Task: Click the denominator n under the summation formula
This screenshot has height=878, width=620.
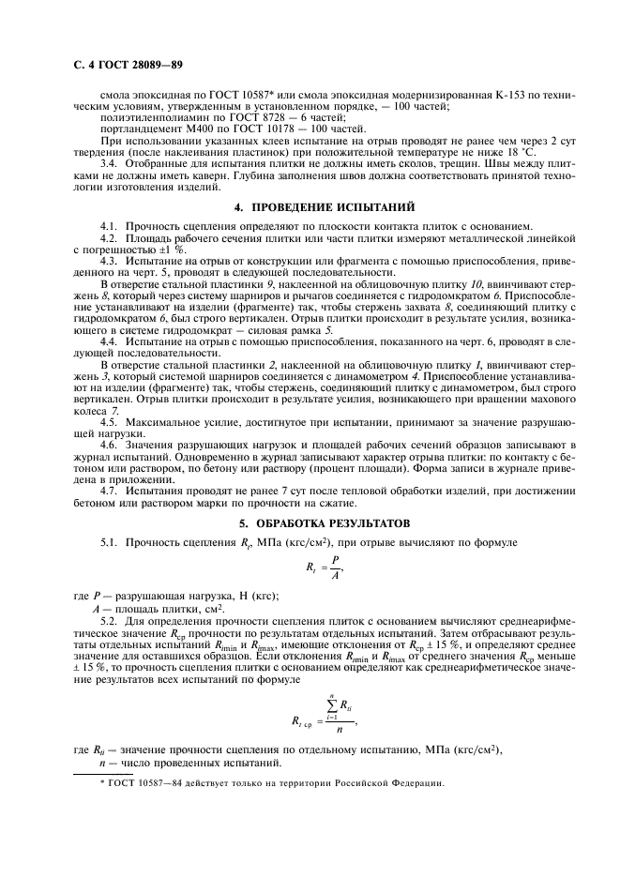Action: click(x=340, y=726)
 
